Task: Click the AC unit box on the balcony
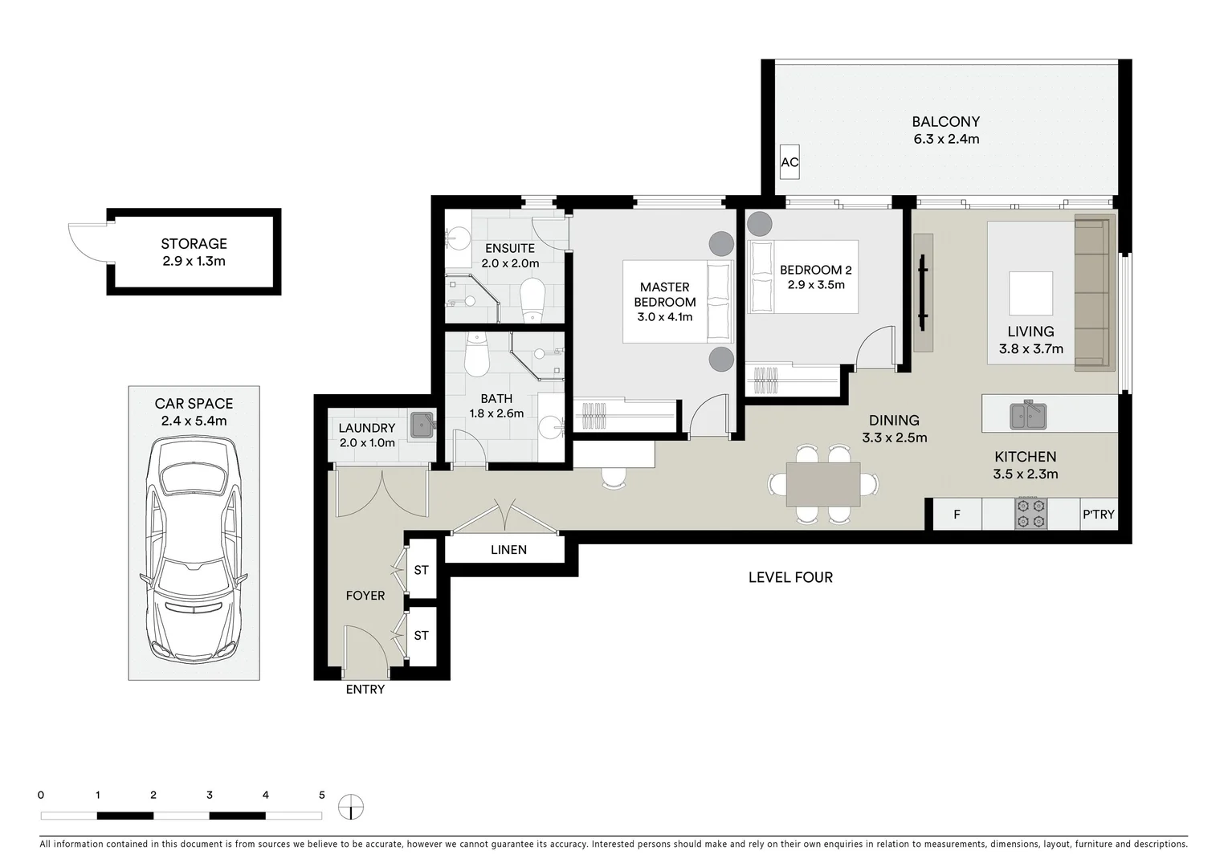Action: (789, 161)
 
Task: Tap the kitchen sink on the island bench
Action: (1028, 415)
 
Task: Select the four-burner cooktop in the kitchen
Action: (1030, 514)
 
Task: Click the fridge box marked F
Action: (957, 514)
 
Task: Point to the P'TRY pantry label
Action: (1098, 514)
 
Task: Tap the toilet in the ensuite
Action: (532, 300)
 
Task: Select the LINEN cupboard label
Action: (508, 550)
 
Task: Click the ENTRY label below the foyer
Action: (365, 689)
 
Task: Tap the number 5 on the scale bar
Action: (322, 795)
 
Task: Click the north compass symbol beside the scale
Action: (351, 807)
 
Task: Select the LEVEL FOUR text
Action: (790, 577)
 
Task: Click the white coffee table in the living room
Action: (1030, 293)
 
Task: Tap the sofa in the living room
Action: (1094, 293)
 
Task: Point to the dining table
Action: (823, 484)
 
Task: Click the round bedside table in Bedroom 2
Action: (760, 224)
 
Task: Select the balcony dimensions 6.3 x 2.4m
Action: (946, 139)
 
